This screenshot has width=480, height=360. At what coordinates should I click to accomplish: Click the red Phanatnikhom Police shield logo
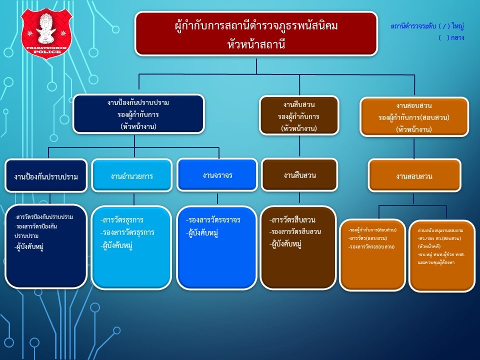tap(46, 33)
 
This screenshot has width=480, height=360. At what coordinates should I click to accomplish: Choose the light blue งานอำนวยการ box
tap(131, 176)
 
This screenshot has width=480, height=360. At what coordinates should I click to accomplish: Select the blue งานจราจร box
tap(217, 175)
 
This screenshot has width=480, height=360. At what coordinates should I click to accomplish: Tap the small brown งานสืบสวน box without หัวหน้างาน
tap(299, 175)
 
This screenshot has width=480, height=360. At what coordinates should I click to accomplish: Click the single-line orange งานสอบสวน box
tap(414, 176)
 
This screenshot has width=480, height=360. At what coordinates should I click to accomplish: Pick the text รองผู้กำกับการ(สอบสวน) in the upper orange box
tap(414, 117)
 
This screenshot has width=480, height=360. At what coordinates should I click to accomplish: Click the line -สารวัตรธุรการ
tap(121, 220)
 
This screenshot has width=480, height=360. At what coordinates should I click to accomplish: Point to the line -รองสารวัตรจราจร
tap(212, 220)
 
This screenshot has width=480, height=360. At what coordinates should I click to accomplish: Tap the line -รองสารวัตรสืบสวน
tap(295, 232)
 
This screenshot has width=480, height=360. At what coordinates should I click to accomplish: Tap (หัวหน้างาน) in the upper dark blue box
tap(138, 126)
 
